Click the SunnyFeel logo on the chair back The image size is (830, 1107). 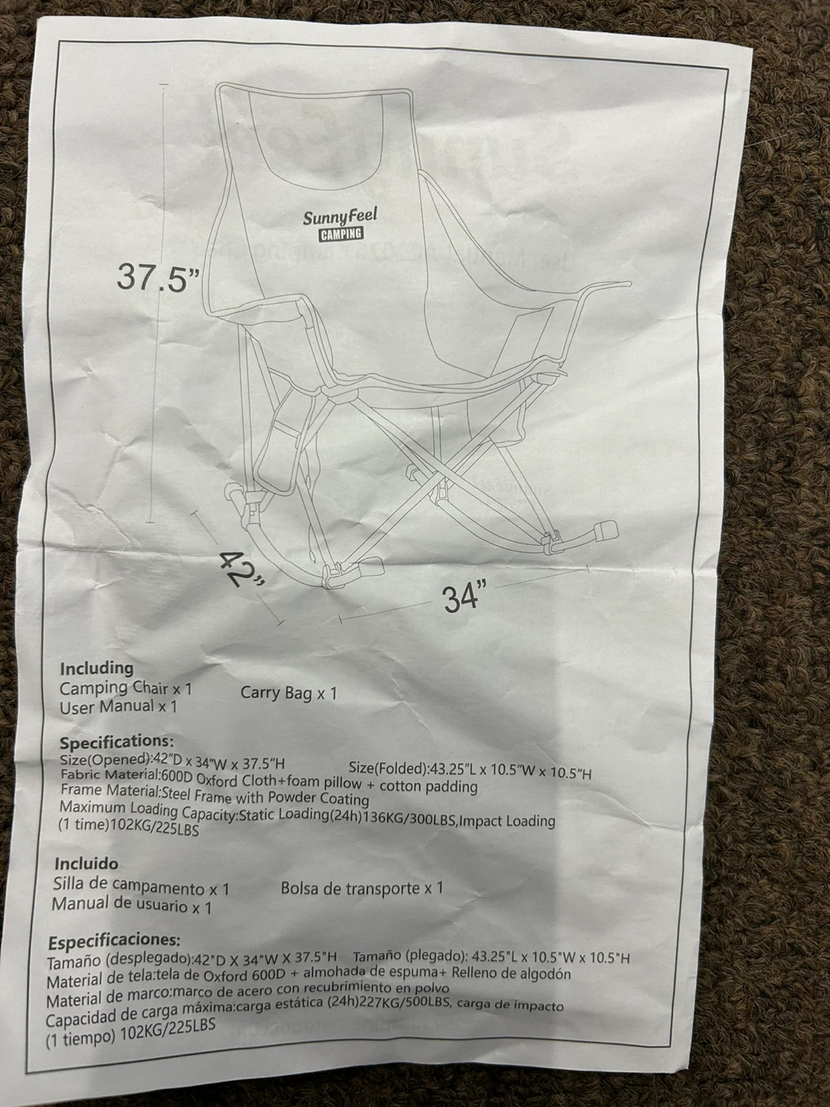point(340,217)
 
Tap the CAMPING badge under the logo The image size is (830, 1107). point(341,234)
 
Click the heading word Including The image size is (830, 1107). point(97,669)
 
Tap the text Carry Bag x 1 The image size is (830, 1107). point(288,693)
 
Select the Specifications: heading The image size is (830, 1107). point(116,743)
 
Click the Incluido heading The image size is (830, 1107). point(85,864)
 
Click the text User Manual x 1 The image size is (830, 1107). point(118,707)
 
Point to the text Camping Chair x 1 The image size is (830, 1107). point(126,688)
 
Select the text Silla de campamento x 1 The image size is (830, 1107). point(141,886)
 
